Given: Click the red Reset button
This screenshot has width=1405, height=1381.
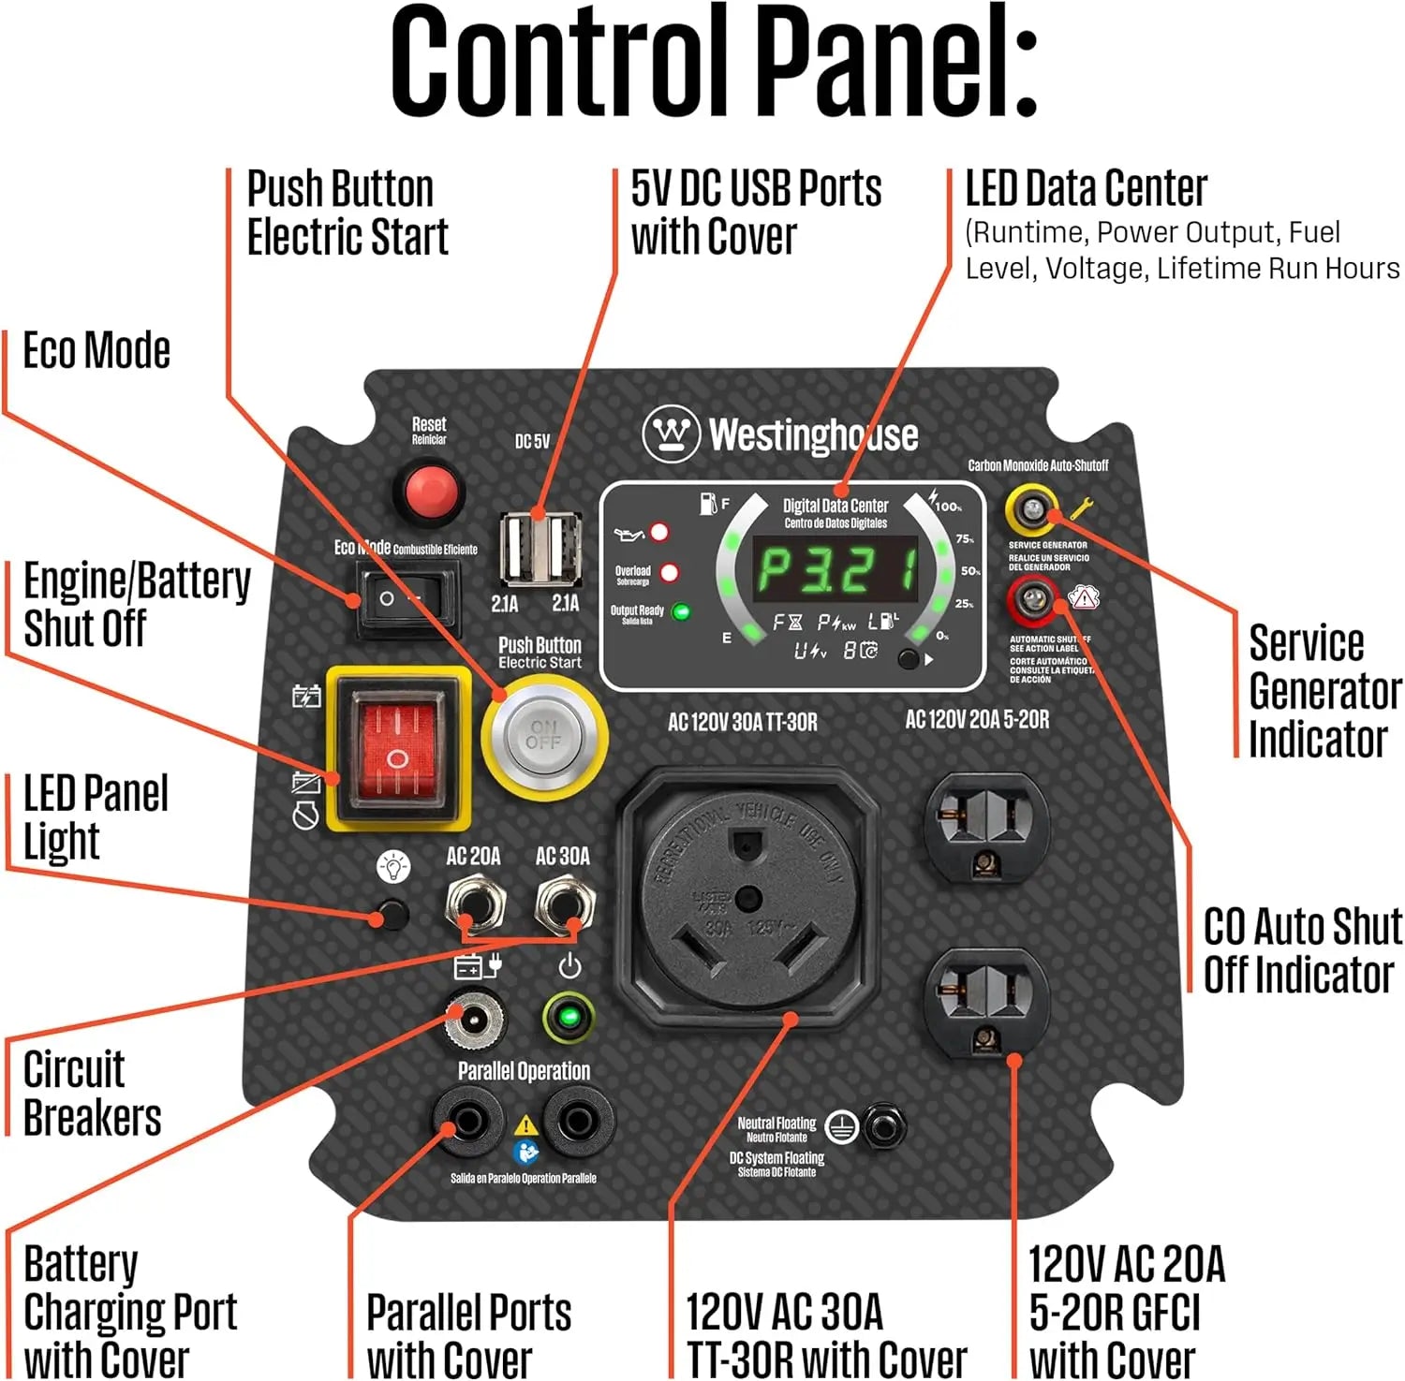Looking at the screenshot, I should point(430,490).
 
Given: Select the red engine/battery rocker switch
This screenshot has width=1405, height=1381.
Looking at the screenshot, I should point(398,749).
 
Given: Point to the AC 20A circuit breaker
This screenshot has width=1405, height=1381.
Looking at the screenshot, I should point(475,904).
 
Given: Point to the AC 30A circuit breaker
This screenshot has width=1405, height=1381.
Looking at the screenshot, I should point(564,904).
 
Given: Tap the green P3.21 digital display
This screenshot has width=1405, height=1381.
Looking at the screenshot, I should point(836,570).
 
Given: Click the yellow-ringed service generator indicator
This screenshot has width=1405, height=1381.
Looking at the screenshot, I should point(1032,509).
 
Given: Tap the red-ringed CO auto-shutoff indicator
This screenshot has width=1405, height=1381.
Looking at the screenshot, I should point(1032,599).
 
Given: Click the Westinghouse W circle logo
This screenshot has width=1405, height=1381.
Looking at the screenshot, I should point(672,433).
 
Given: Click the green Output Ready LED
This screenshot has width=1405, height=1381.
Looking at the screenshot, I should point(682,612).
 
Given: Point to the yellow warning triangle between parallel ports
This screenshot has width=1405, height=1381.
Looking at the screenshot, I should point(526,1124).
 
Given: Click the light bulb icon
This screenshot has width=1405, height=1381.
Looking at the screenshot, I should point(393,866).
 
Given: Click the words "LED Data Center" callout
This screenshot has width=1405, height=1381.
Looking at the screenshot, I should point(1086,189).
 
